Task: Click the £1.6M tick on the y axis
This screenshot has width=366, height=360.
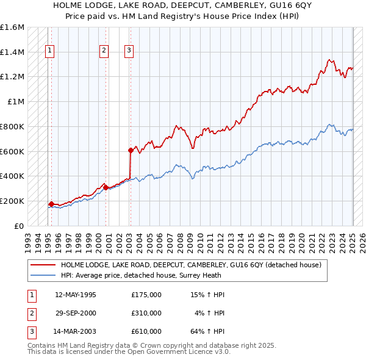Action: click(13, 27)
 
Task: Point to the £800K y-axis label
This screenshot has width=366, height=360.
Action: click(13, 126)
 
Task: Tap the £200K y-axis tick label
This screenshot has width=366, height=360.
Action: click(13, 201)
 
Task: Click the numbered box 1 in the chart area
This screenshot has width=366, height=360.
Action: click(49, 51)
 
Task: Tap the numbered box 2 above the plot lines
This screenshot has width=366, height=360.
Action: click(104, 51)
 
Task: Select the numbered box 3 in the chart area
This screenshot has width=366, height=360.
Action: click(129, 51)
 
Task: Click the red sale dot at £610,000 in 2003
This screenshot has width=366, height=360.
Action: click(131, 149)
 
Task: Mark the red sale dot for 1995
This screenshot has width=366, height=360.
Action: click(51, 204)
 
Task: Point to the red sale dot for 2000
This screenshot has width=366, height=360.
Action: click(106, 187)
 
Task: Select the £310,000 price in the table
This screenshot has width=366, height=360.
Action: click(146, 313)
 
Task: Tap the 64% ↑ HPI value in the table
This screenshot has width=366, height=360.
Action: click(207, 331)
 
